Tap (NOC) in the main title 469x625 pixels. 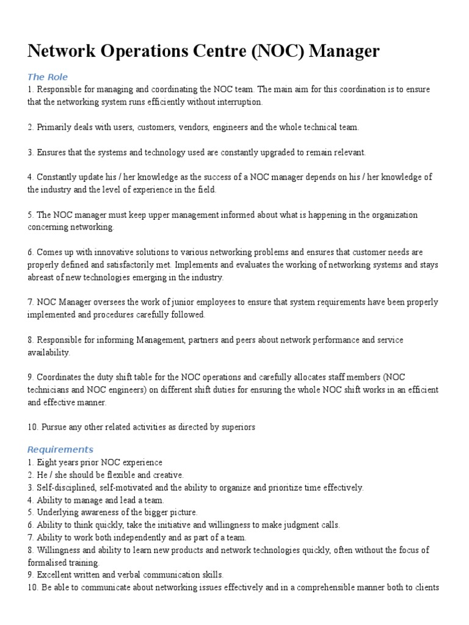coord(274,51)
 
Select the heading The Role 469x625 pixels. coord(48,77)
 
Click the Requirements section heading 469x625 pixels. coord(60,450)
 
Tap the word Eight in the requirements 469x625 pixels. coord(46,463)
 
